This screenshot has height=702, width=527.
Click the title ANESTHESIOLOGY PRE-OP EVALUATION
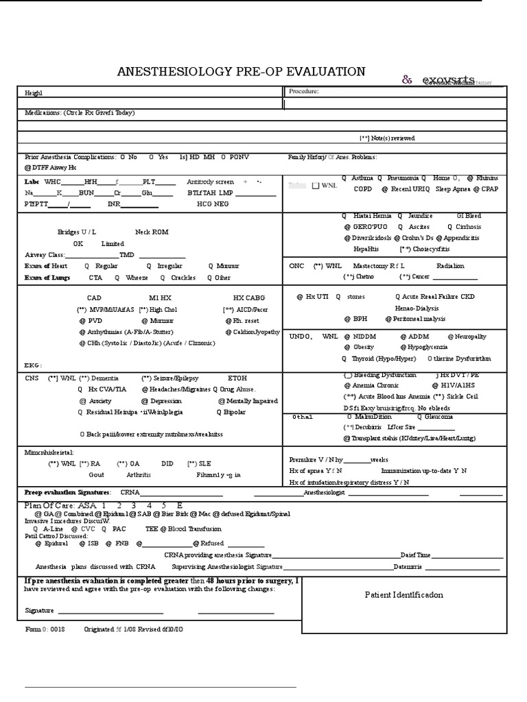point(242,72)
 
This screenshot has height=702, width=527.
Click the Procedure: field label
point(303,90)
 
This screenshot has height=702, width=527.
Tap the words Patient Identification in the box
point(403,594)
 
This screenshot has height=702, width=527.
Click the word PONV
point(239,157)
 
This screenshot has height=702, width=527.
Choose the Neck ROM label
point(152,232)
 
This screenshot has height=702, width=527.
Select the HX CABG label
point(248,298)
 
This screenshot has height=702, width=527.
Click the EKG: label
point(33,365)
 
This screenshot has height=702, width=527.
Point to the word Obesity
point(364,347)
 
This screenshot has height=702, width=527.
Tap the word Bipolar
point(235,412)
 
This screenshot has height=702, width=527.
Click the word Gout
point(96,474)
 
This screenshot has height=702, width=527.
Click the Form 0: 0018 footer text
point(45,629)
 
